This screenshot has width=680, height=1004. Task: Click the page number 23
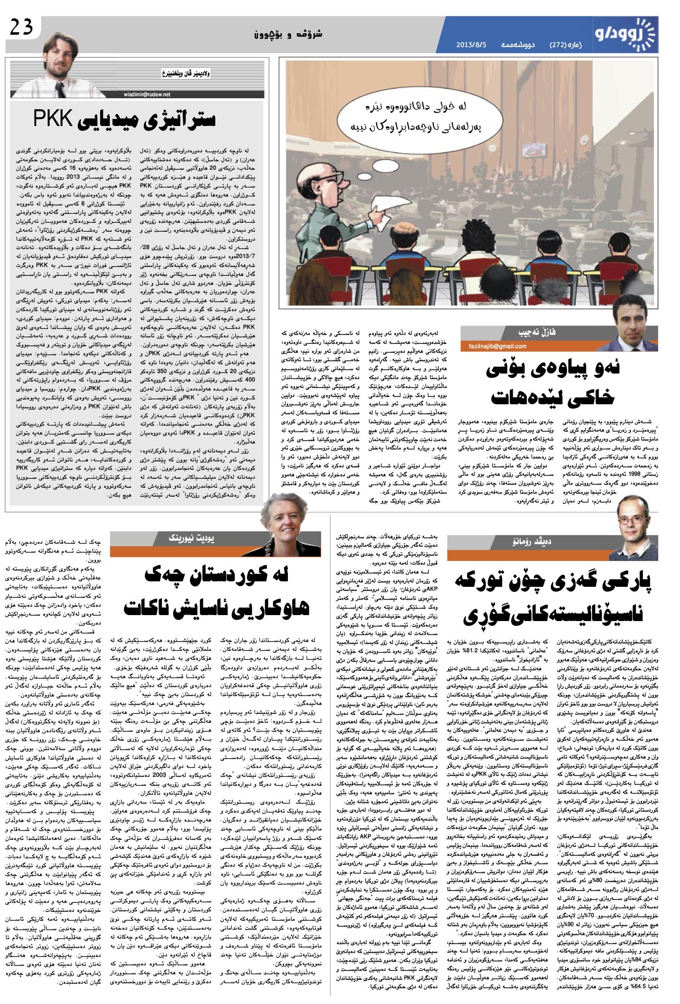(x=21, y=27)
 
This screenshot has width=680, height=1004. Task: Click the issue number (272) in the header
(x=558, y=45)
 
